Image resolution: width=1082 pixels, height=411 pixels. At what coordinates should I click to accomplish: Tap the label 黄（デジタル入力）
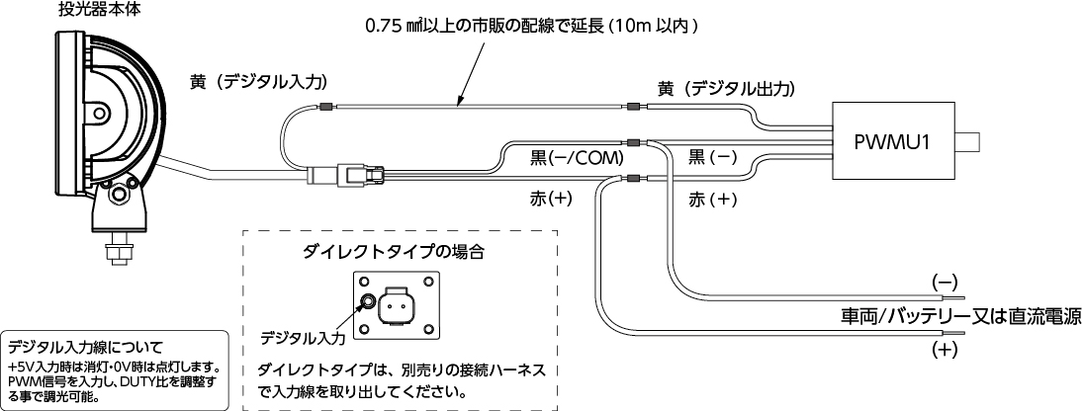tap(258, 82)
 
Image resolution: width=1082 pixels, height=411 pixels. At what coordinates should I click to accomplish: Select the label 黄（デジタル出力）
tap(727, 89)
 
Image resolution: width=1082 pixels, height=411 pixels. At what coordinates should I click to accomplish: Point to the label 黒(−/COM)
tap(577, 158)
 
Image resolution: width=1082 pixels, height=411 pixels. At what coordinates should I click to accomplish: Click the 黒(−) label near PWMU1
tap(713, 158)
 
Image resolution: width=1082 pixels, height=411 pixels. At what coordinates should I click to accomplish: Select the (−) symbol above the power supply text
tap(945, 282)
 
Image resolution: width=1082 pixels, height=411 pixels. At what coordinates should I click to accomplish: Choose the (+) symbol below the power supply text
tap(945, 350)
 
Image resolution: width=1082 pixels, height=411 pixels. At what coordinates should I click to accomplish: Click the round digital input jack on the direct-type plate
tap(369, 302)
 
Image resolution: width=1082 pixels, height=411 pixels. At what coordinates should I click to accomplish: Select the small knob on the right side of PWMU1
tap(967, 143)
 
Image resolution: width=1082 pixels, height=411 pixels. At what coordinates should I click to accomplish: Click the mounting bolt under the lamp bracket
tap(120, 248)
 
